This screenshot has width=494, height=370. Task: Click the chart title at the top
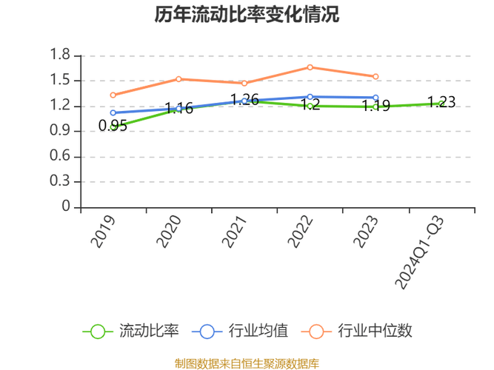coord(247,13)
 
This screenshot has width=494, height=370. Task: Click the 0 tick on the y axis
coord(66,206)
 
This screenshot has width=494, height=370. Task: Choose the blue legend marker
coord(207,331)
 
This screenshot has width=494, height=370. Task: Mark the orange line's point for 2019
coord(113,95)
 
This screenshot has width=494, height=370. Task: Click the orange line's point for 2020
coord(178,78)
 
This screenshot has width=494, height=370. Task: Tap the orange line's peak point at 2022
coord(310,67)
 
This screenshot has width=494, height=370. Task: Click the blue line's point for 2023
coord(376,98)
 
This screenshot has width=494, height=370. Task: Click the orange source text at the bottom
coord(247,363)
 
